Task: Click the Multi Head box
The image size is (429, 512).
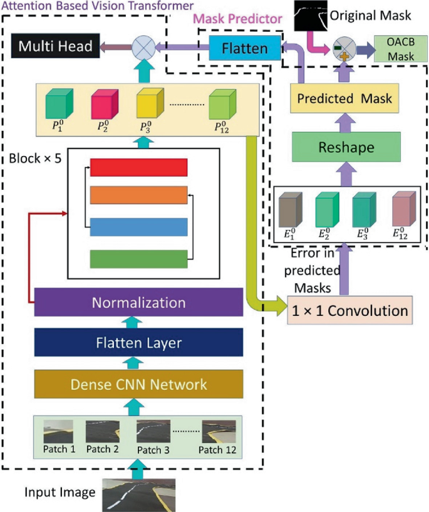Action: tap(56, 46)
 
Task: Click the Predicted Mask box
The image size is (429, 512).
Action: tap(344, 98)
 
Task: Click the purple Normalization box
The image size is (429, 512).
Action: tap(138, 303)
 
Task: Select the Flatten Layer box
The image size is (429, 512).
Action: tap(138, 342)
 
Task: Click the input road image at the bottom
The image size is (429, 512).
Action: tap(138, 491)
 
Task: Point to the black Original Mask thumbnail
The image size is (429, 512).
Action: tap(311, 14)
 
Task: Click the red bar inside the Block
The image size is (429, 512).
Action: tap(139, 167)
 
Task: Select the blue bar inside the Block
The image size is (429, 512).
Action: tap(139, 226)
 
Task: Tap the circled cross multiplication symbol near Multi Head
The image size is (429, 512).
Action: tap(142, 46)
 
